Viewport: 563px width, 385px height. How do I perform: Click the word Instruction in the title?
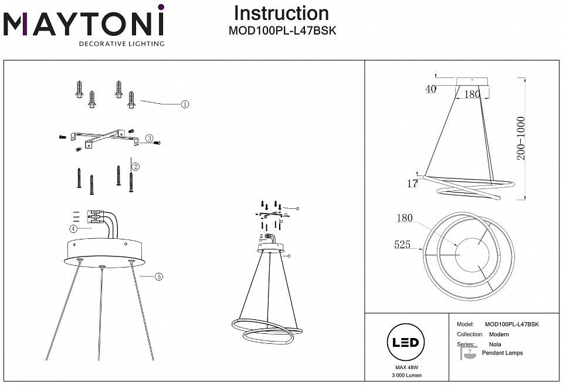point(281,13)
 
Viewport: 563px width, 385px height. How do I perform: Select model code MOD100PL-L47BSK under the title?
point(281,31)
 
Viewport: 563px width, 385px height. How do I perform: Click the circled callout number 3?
point(149,139)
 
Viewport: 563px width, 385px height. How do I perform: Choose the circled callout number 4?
point(73,228)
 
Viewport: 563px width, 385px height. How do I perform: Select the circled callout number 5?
point(159,276)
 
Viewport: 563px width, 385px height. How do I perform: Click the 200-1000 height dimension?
point(522,139)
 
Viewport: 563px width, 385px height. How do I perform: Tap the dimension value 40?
point(431,89)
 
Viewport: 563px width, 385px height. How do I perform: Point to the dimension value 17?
point(412,184)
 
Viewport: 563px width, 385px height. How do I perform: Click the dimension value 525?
point(402,245)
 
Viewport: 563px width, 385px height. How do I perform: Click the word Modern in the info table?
point(498,334)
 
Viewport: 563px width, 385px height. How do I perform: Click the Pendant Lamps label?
point(502,353)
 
